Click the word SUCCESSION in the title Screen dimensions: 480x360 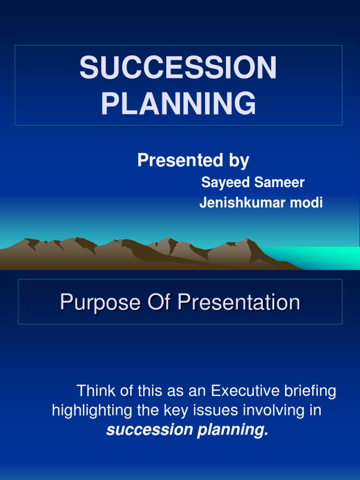tap(178, 68)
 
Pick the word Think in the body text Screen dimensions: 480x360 tap(94, 391)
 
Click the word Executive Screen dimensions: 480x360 tap(245, 391)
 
